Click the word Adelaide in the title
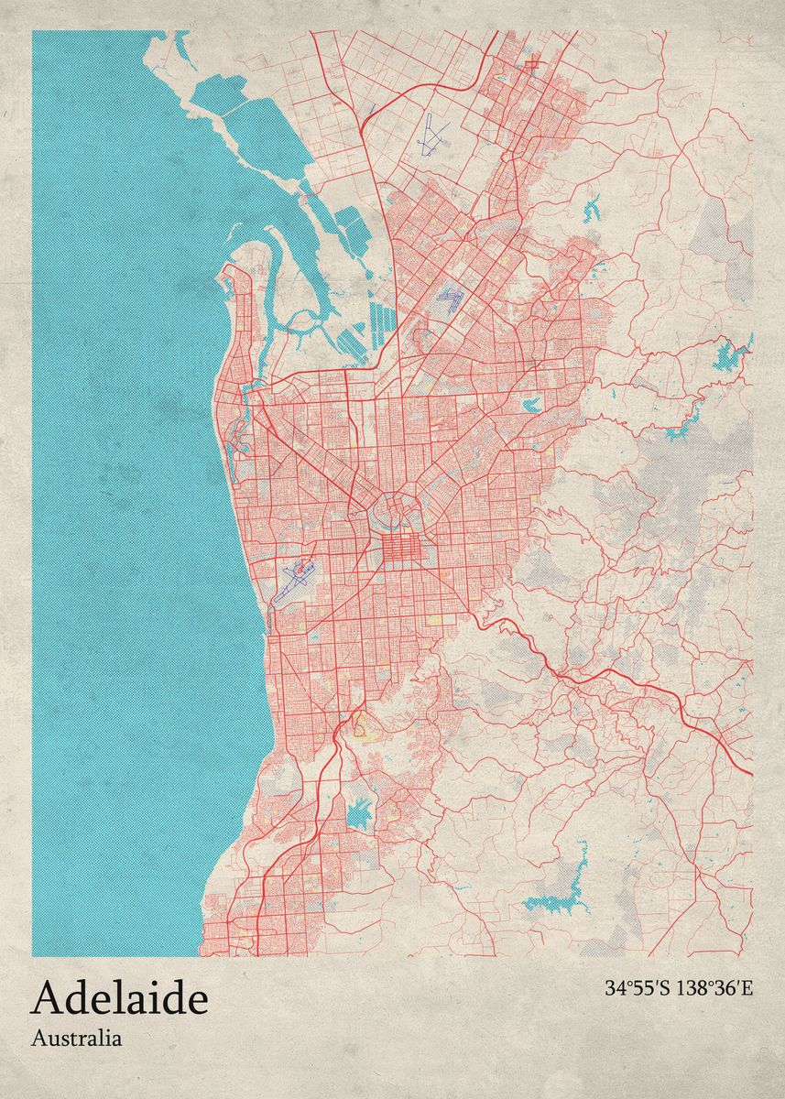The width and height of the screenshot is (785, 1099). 119,999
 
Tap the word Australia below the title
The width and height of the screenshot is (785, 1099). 76,1039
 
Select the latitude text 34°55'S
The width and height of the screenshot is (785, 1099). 637,988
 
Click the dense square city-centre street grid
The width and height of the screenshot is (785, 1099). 399,548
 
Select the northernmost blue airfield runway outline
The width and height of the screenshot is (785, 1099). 430,136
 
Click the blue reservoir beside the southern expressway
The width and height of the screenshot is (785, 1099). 361,811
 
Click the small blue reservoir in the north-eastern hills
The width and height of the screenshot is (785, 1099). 591,209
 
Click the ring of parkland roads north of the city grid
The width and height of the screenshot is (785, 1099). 394,506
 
